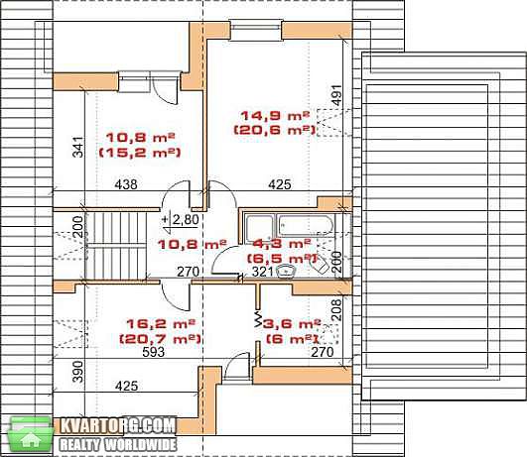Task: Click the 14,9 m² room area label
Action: pyautogui.click(x=275, y=116)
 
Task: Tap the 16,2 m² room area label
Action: pyautogui.click(x=161, y=324)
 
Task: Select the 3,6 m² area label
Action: pyautogui.click(x=292, y=324)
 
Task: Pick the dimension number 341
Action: pyautogui.click(x=78, y=147)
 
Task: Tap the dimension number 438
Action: pyautogui.click(x=126, y=184)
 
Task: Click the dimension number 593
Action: pyautogui.click(x=154, y=352)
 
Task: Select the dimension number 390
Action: pyautogui.click(x=78, y=372)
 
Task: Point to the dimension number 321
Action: pyautogui.click(x=262, y=272)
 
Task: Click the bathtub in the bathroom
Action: pyautogui.click(x=305, y=226)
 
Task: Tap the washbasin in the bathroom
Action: pyautogui.click(x=286, y=272)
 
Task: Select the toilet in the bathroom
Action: pyautogui.click(x=320, y=266)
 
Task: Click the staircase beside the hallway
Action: pyautogui.click(x=116, y=246)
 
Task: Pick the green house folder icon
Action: pyautogui.click(x=30, y=435)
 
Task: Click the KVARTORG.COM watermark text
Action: pyautogui.click(x=118, y=426)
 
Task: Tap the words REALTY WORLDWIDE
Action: pyautogui.click(x=118, y=445)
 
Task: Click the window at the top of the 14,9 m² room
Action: pyautogui.click(x=256, y=31)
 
